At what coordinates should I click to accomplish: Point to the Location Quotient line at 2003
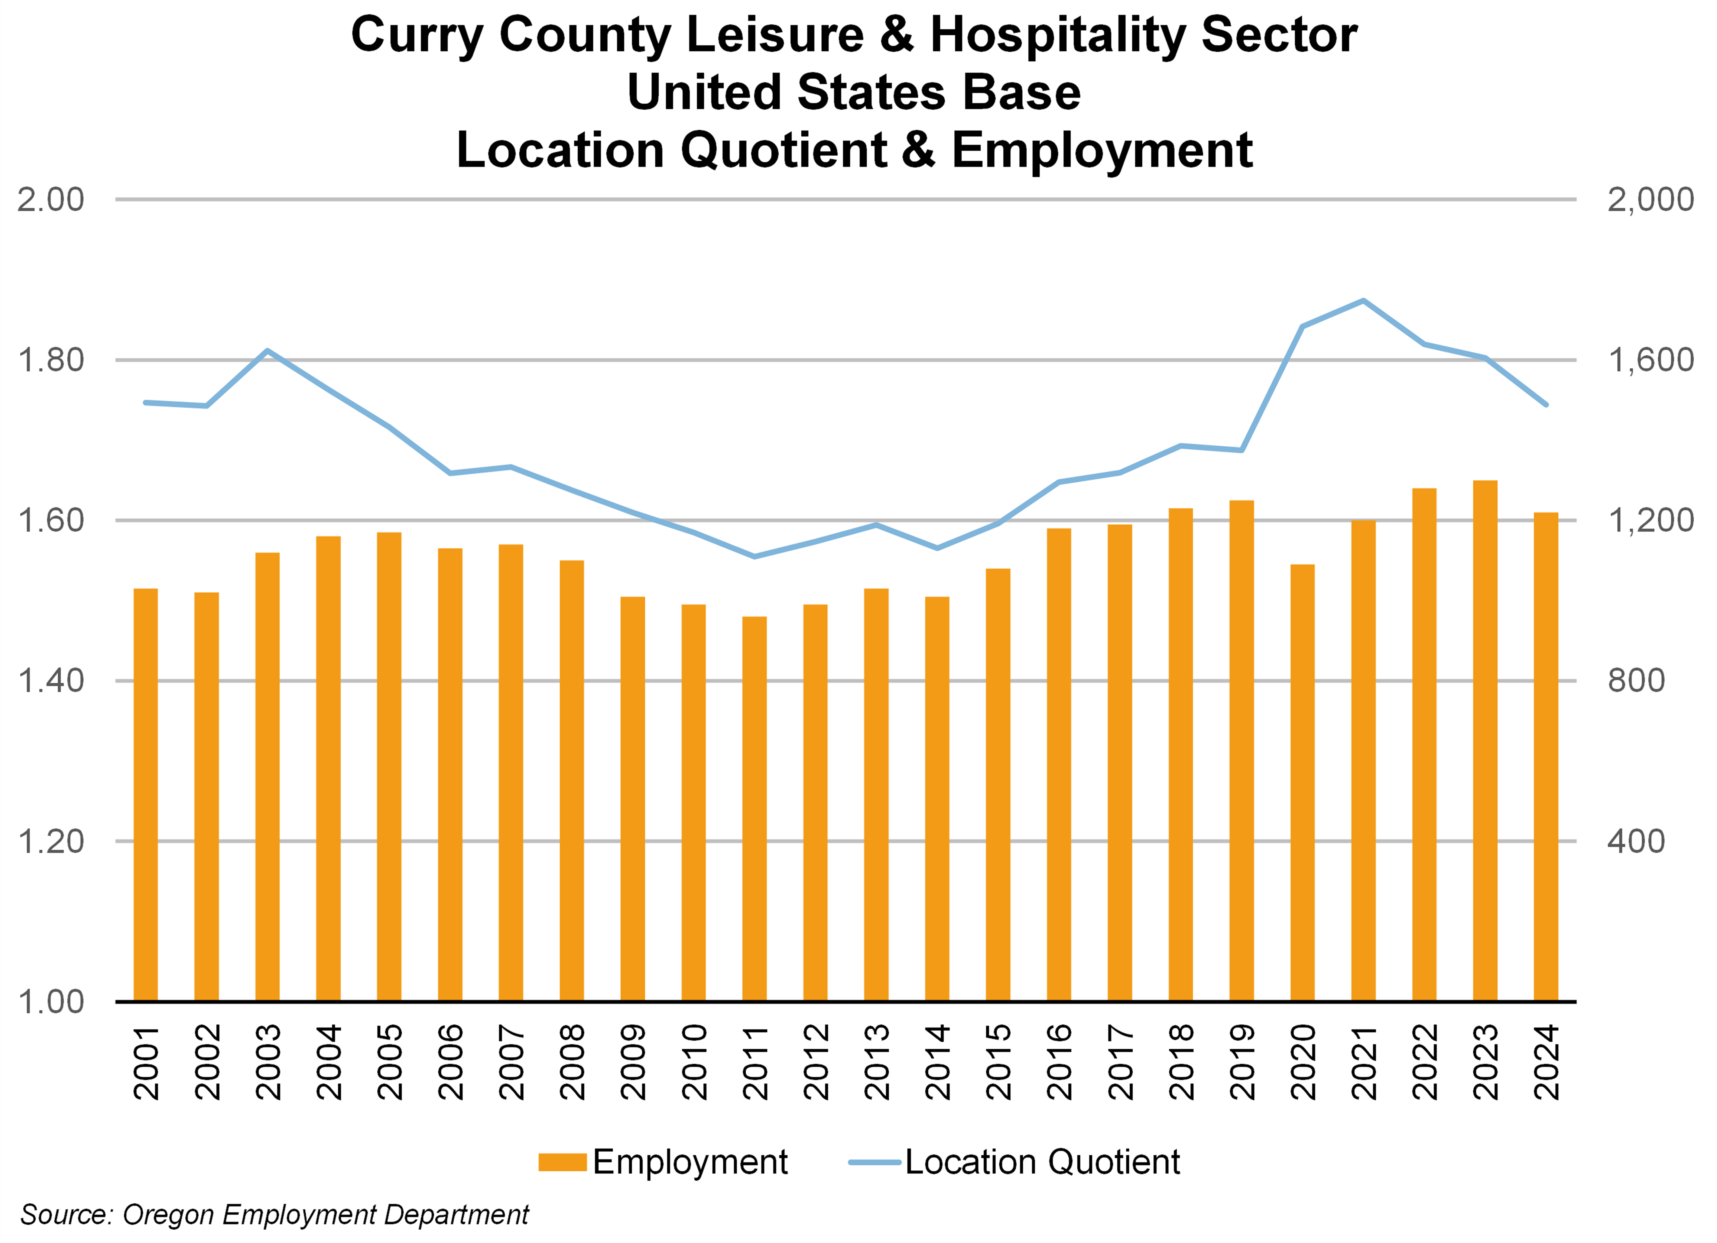point(267,351)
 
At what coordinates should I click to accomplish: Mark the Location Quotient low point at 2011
point(754,556)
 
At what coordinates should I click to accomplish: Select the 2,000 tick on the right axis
point(1650,200)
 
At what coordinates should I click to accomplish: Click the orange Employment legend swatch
point(562,1162)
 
